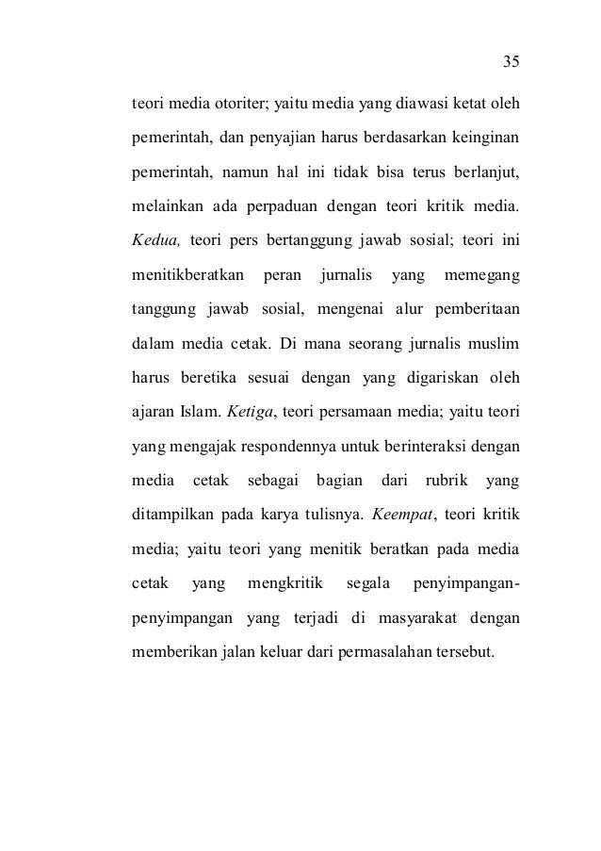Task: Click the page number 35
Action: click(x=511, y=62)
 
